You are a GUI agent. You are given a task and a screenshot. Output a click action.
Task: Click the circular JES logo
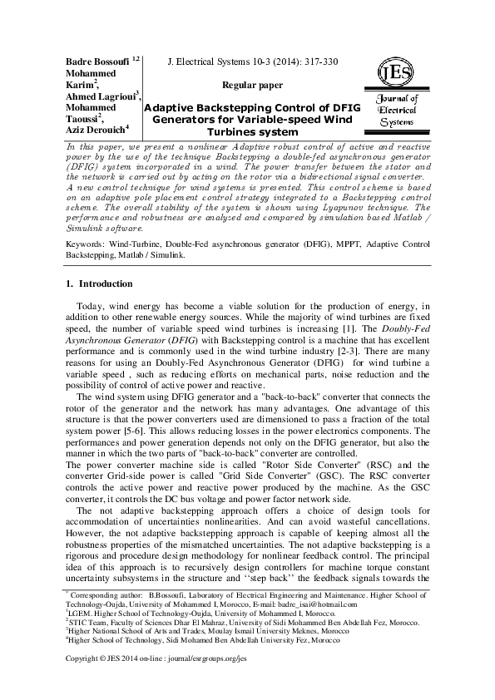pyautogui.click(x=392, y=73)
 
